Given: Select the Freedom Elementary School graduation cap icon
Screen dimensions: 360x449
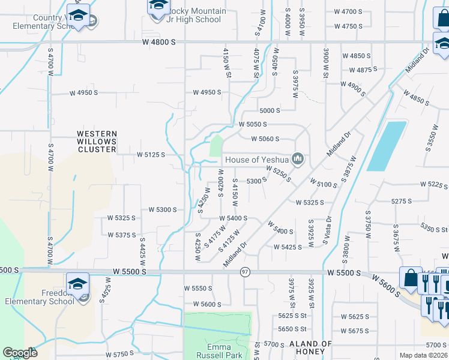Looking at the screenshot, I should [78, 283].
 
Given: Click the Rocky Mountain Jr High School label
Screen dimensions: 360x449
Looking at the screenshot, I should [197, 15].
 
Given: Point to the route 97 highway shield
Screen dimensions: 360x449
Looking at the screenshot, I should [245, 272].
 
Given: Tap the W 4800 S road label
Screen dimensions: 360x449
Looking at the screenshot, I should [159, 42].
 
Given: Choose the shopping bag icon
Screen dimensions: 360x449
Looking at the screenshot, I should [411, 278].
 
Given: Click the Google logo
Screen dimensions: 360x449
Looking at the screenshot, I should [20, 353].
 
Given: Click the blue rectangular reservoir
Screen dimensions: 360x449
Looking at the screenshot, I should [385, 146].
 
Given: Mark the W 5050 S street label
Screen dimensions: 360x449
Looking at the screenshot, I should [253, 124].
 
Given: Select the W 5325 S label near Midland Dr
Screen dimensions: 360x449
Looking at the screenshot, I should [310, 202].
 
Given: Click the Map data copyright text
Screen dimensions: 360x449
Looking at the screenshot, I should [423, 355].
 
